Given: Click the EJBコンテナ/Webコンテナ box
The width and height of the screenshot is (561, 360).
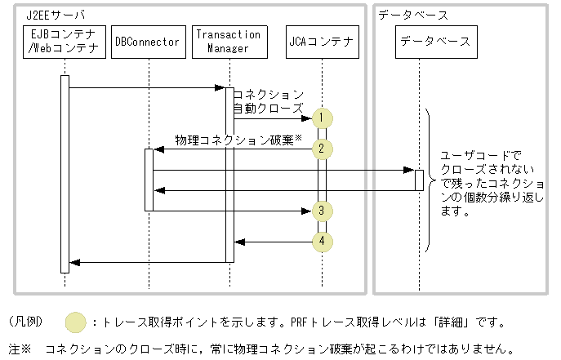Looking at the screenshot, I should pos(64,41).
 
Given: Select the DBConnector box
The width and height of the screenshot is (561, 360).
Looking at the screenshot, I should pos(147,42).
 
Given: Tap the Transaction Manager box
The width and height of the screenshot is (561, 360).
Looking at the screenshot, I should pos(229,41).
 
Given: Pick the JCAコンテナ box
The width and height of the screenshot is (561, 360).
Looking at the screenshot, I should pos(323,42).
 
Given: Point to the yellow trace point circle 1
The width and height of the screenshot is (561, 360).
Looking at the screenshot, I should pos(323,118).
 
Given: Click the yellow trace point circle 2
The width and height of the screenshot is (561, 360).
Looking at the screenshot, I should pos(323,149).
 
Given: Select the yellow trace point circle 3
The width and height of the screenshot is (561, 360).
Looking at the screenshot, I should pos(323,211).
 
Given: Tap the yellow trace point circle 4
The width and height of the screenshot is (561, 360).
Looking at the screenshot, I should pos(323,242).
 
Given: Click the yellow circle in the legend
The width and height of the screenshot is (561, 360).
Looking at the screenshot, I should pos(76,322).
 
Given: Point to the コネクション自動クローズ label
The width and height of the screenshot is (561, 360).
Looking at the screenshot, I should pos(269,101).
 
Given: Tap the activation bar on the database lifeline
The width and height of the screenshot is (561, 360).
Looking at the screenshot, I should pos(419,180).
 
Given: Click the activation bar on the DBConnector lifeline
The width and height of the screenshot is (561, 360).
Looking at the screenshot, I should pos(149,180).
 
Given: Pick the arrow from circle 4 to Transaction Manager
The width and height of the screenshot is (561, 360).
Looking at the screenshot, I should pos(274,242).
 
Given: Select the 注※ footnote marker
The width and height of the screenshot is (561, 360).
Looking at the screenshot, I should pos(20,349).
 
